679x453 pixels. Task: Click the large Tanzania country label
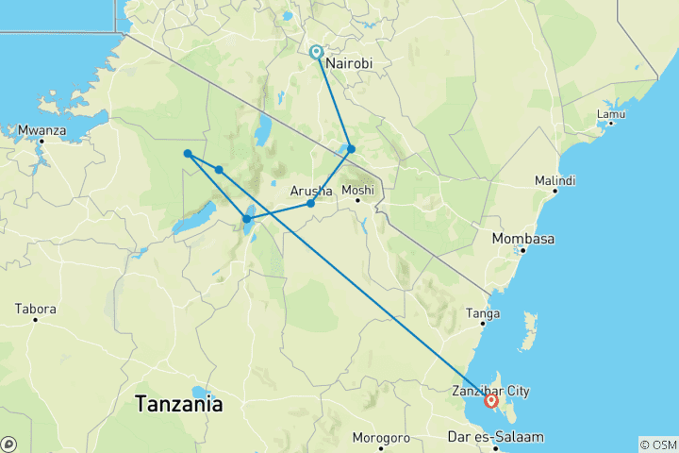[179, 404]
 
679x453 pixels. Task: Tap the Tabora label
[36, 309]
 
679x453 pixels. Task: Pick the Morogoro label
[380, 438]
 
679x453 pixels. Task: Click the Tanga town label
[483, 313]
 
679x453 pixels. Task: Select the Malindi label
[555, 179]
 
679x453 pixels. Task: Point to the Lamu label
[611, 115]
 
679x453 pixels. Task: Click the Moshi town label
[358, 190]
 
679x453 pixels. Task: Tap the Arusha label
[310, 192]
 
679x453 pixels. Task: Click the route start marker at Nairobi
[317, 53]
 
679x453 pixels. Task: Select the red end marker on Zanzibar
[491, 401]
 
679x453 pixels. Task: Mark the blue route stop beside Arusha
[310, 203]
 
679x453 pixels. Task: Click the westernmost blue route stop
[189, 154]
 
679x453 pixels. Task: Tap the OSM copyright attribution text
[657, 444]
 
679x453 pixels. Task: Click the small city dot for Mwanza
[42, 141]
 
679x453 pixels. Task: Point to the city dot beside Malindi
[555, 191]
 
